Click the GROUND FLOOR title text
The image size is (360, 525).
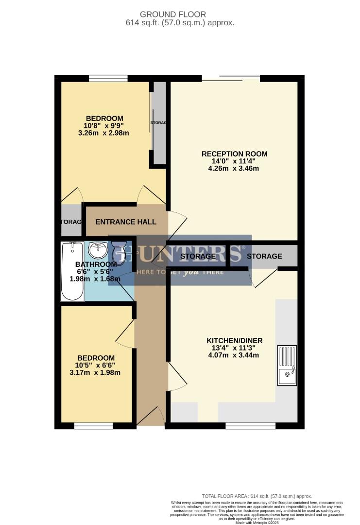[x=179, y=15]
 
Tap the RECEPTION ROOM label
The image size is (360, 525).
[x=234, y=154]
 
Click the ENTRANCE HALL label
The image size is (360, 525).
[x=126, y=222]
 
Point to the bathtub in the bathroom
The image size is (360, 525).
[x=72, y=271]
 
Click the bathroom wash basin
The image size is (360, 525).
[x=98, y=250]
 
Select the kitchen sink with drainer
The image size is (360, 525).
[x=287, y=365]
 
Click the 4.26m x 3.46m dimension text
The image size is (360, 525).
[x=234, y=169]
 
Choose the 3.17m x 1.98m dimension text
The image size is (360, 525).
[x=95, y=373]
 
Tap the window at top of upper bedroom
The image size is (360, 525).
[x=108, y=78]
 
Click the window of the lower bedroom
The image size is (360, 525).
[x=93, y=426]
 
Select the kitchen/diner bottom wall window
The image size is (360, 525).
[x=250, y=426]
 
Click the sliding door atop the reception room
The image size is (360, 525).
[x=231, y=77]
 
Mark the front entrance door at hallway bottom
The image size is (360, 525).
[x=151, y=417]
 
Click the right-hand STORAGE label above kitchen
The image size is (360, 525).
[x=264, y=256]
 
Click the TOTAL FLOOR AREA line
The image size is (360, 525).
[x=257, y=496]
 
